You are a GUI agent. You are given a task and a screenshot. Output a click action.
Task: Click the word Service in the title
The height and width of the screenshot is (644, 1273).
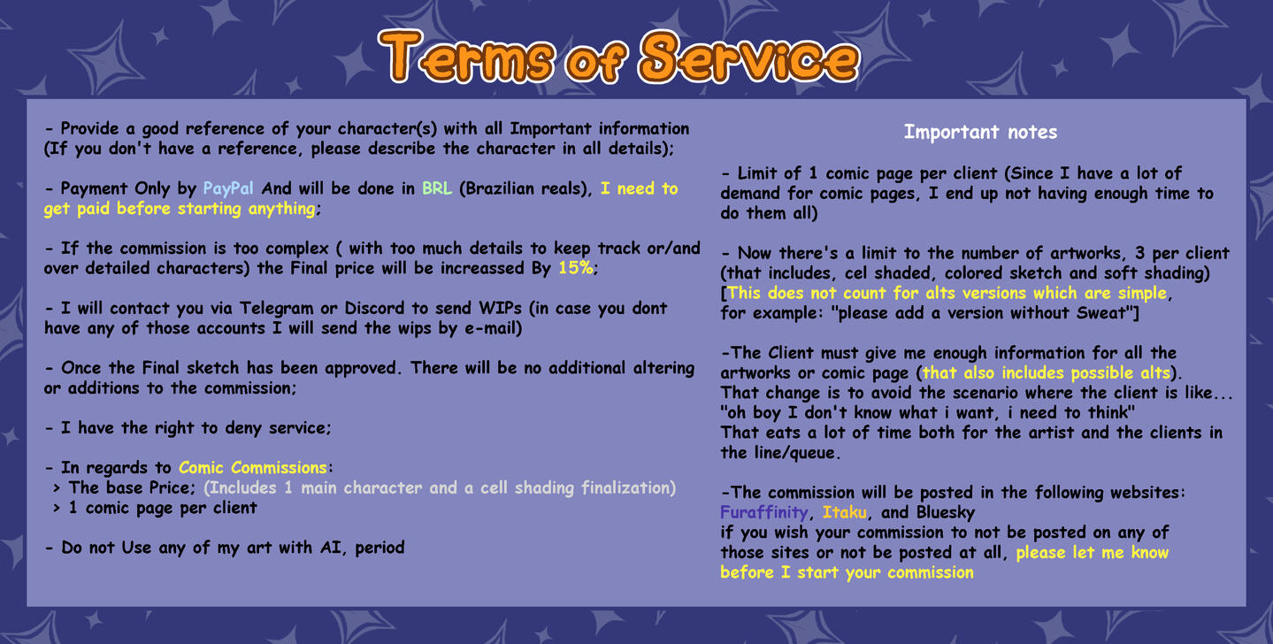click(749, 57)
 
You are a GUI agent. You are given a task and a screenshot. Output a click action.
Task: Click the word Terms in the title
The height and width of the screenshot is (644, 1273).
click(466, 57)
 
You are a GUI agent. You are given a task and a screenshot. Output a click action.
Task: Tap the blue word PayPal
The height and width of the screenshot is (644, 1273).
click(228, 188)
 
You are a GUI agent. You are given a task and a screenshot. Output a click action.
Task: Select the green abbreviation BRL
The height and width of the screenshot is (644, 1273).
click(436, 188)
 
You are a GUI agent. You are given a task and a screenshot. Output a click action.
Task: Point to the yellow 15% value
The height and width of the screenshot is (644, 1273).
click(576, 268)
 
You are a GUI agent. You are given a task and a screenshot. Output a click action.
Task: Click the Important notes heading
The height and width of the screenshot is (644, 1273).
click(980, 132)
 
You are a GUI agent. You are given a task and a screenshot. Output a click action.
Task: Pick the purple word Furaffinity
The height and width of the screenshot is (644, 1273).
click(763, 512)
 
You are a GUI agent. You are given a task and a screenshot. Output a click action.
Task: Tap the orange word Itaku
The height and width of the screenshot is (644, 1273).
click(845, 512)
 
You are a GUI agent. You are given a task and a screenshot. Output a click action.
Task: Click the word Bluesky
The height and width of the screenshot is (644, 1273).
click(945, 513)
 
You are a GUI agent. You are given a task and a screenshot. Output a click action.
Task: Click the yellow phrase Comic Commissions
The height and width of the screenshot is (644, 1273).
click(253, 467)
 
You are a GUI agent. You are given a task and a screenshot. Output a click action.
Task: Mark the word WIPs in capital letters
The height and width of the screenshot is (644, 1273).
click(500, 308)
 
